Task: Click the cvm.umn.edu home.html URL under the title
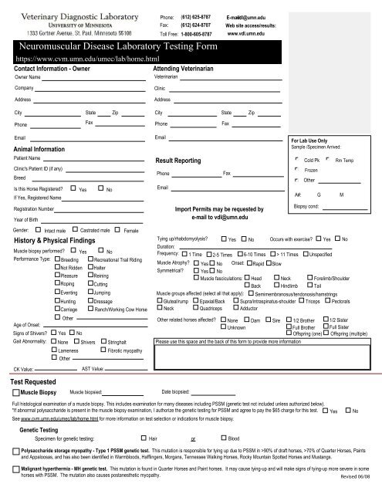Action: click(86, 59)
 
